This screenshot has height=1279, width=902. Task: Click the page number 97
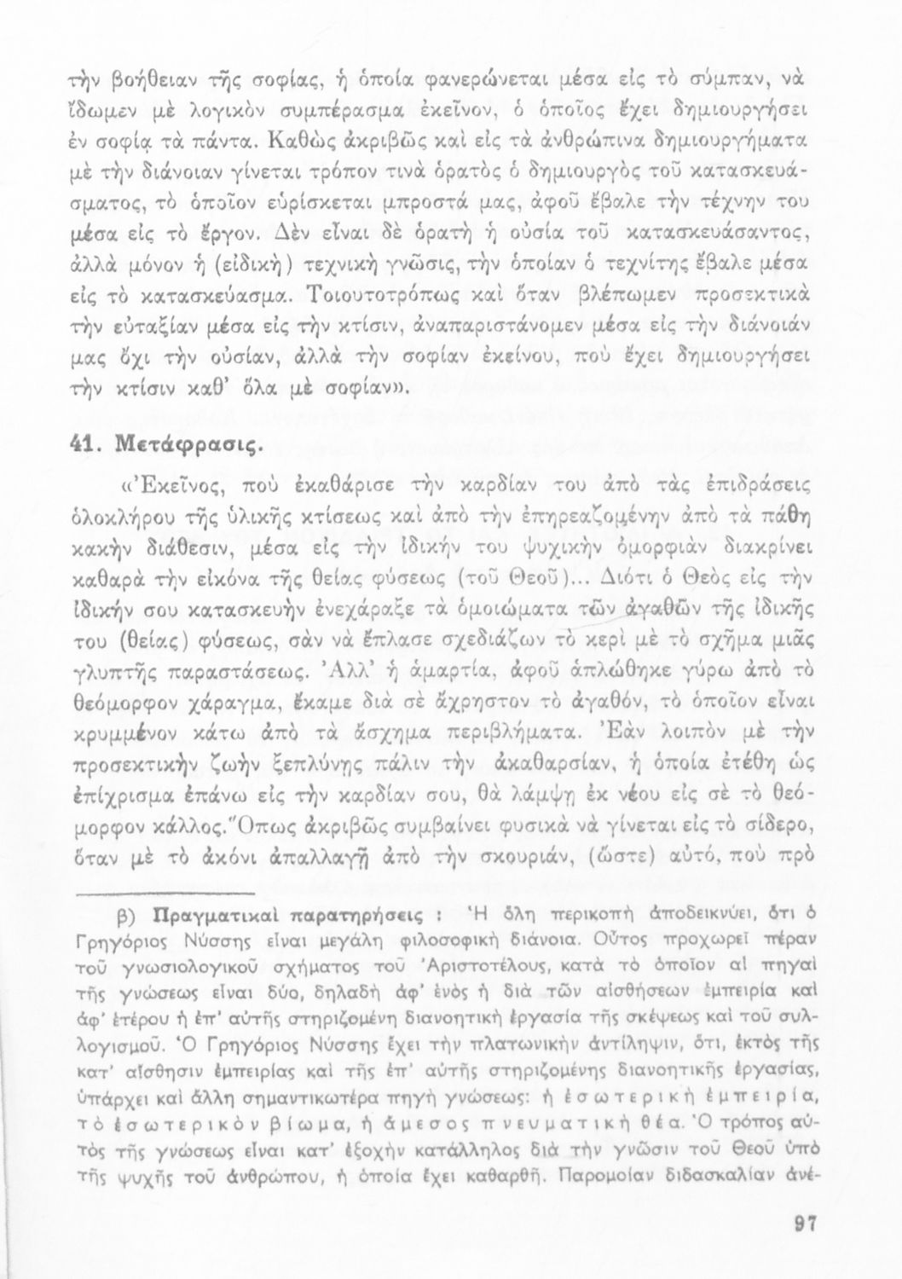point(805,1224)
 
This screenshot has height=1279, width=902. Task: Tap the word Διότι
point(610,579)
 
